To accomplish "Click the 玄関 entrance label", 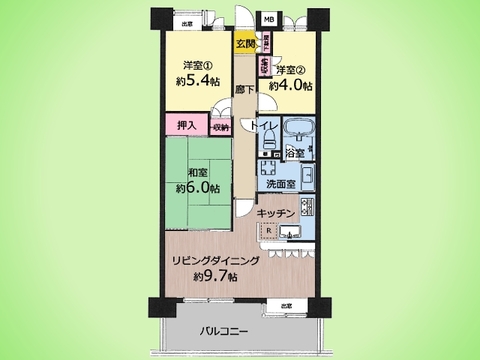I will (246, 43).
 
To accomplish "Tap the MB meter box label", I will (267, 19).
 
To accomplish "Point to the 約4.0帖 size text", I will (293, 85).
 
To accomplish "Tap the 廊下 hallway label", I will (243, 90).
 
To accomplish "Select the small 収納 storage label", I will (221, 127).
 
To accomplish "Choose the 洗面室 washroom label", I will (281, 184).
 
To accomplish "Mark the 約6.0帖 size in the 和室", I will (194, 187).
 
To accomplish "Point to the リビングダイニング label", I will (218, 260).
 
